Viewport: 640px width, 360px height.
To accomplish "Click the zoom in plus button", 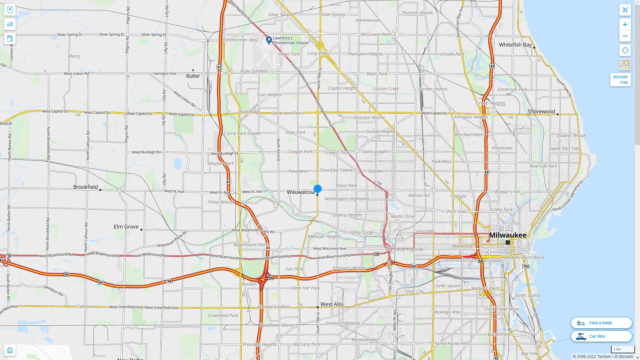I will click(x=625, y=24).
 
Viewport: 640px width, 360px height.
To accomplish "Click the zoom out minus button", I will click(x=625, y=36).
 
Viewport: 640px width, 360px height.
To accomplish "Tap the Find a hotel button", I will click(x=601, y=323).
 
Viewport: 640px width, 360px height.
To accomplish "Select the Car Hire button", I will click(x=601, y=336).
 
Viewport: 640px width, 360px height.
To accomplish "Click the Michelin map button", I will click(x=620, y=80).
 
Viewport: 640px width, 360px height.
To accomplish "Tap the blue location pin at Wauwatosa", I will click(x=317, y=189).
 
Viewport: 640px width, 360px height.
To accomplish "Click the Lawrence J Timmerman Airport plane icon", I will click(x=269, y=40).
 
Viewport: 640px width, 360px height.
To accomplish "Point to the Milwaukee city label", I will click(x=508, y=235).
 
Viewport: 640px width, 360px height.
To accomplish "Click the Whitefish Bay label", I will click(x=515, y=45).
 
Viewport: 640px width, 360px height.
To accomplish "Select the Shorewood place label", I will click(x=541, y=111).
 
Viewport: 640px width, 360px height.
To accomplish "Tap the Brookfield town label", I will click(x=85, y=187).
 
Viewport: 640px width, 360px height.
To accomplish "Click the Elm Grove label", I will click(x=126, y=227).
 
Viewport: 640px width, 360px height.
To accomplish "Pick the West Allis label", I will click(x=332, y=304).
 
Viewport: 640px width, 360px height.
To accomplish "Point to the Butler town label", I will click(x=193, y=76).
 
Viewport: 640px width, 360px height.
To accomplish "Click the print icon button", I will click(x=10, y=350).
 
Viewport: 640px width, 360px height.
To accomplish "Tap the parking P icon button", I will click(x=10, y=10).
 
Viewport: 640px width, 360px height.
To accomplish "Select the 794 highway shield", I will click(x=526, y=266).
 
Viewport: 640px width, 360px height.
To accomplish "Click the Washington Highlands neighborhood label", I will click(x=347, y=199).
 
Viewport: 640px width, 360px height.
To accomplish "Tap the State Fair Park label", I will click(x=305, y=288).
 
